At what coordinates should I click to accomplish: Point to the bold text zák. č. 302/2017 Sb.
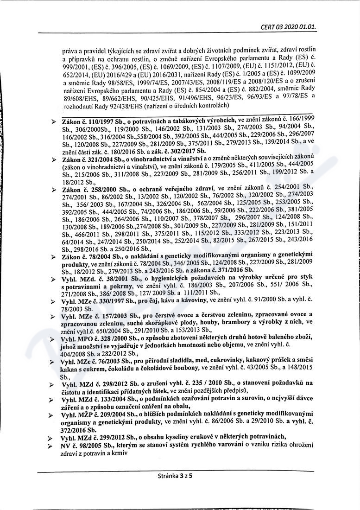point(178,151)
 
